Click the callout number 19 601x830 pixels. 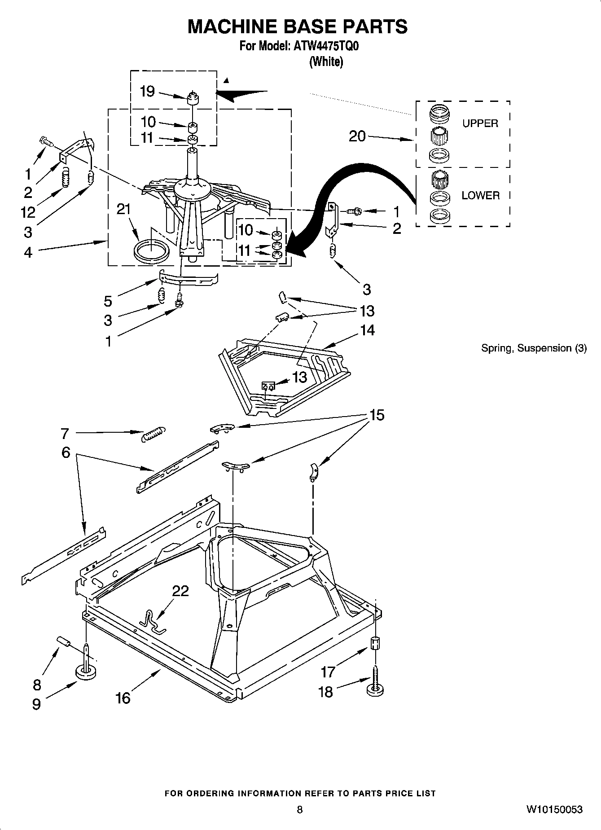147,92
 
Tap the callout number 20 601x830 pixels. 357,136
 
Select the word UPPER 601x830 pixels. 480,123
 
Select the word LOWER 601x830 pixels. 480,195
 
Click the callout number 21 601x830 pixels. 124,210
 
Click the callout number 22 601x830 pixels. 180,591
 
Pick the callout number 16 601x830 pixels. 123,698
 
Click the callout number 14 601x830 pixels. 367,330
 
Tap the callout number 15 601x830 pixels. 377,415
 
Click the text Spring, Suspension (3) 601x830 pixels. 534,348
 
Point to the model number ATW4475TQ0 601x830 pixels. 326,46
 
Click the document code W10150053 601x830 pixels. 554,809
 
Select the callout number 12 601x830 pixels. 28,212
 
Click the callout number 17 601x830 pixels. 328,672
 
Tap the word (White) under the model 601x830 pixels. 326,62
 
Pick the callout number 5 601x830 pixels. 108,301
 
